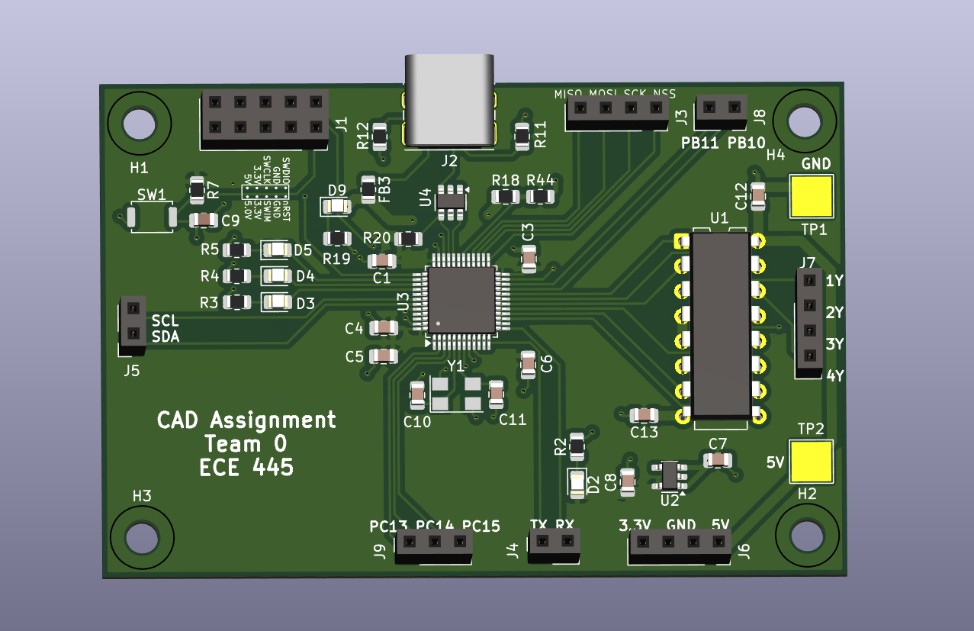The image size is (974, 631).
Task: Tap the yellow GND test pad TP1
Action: [x=811, y=196]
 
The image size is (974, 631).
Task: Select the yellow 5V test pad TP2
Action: [x=811, y=461]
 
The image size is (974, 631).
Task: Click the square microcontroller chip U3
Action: [x=461, y=300]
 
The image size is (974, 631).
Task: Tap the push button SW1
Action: [x=152, y=217]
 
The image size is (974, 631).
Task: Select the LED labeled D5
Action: [x=275, y=250]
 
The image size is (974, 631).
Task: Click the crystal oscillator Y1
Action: [x=456, y=393]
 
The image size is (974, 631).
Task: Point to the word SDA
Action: [x=166, y=336]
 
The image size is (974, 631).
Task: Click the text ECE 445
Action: [x=246, y=467]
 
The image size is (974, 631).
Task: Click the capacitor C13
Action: [x=645, y=414]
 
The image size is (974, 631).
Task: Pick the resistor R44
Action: [x=541, y=196]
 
